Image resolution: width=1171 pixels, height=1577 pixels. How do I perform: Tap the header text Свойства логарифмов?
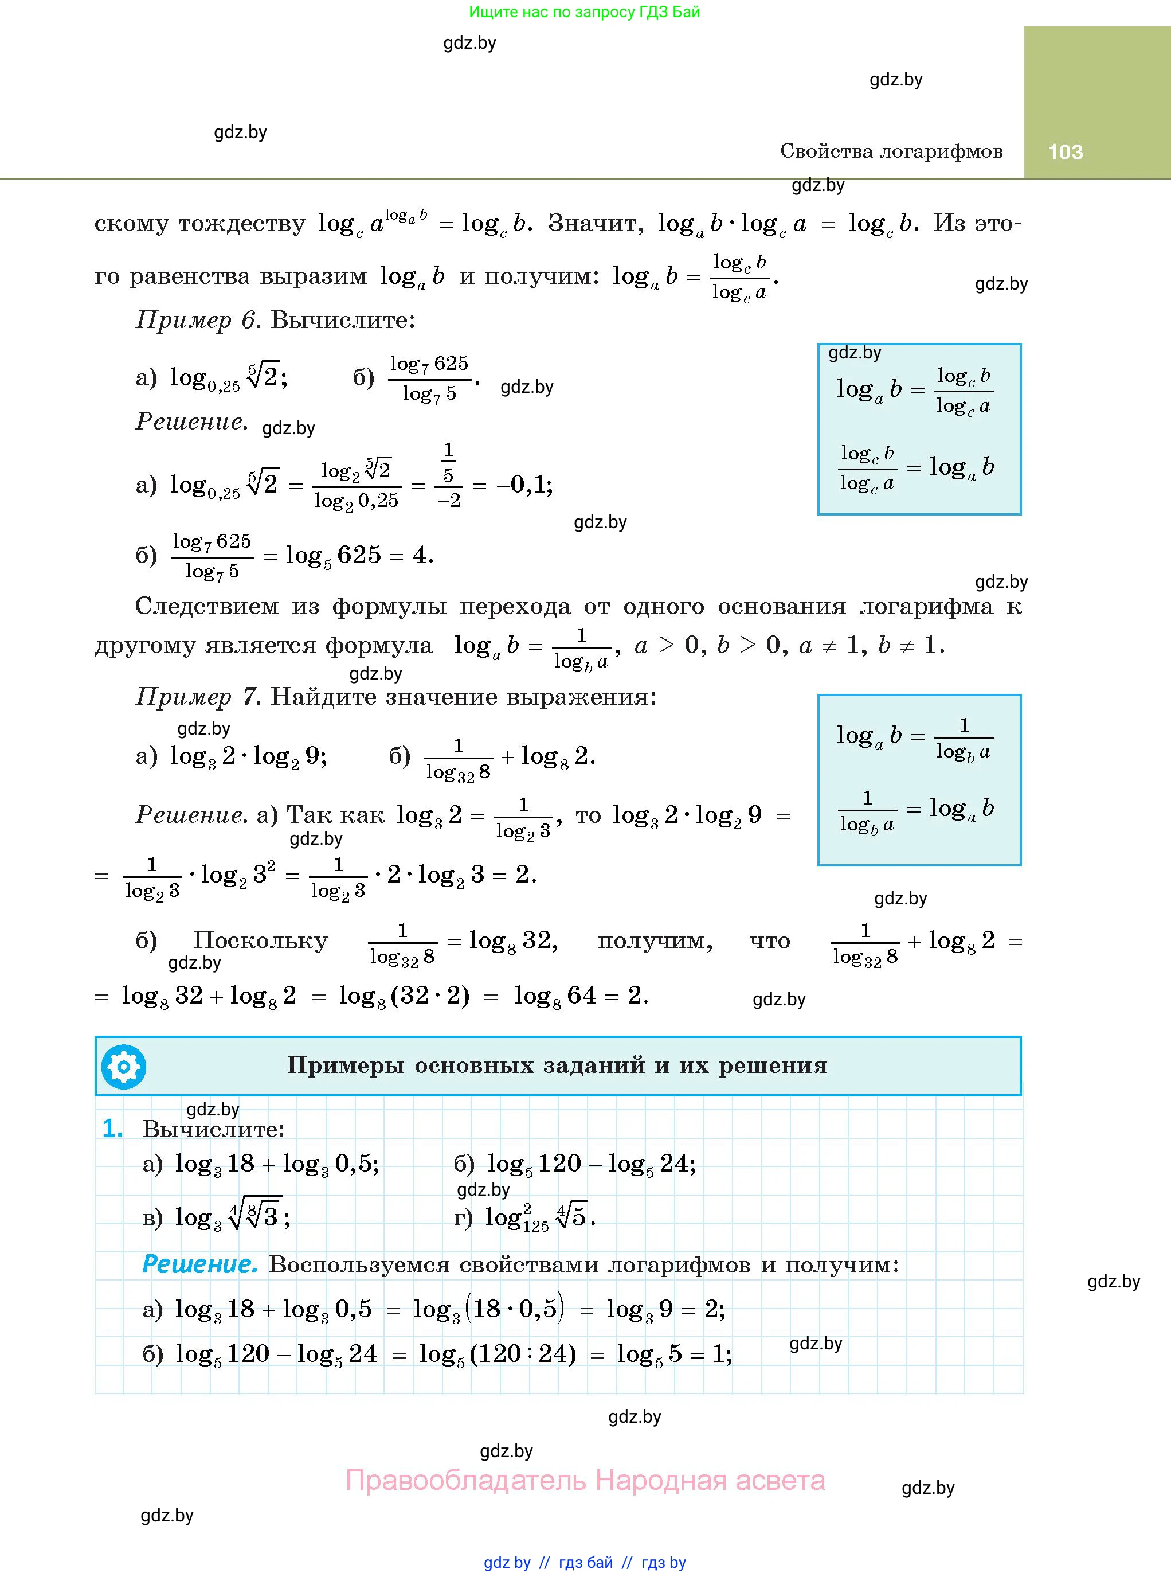tap(891, 151)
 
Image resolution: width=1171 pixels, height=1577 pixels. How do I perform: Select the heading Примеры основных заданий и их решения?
tap(557, 1065)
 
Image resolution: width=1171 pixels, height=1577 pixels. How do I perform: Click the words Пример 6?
tap(195, 321)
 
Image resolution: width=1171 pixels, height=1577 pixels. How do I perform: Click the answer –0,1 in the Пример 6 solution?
tap(524, 485)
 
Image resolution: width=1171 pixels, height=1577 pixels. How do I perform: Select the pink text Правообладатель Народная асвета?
tap(585, 1481)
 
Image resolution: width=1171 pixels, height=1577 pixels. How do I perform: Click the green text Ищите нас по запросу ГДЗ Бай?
tap(584, 12)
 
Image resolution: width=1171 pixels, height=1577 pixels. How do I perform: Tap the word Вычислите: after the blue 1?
tap(213, 1129)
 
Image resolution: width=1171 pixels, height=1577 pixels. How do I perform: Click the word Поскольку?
tap(260, 941)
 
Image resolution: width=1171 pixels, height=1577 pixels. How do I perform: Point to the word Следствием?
tap(206, 606)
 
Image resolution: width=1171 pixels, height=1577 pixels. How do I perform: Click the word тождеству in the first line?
tap(242, 224)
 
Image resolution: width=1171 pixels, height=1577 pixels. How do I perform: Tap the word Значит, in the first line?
tap(596, 224)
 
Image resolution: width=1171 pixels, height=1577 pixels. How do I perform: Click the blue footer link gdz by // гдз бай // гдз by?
tap(585, 1563)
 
